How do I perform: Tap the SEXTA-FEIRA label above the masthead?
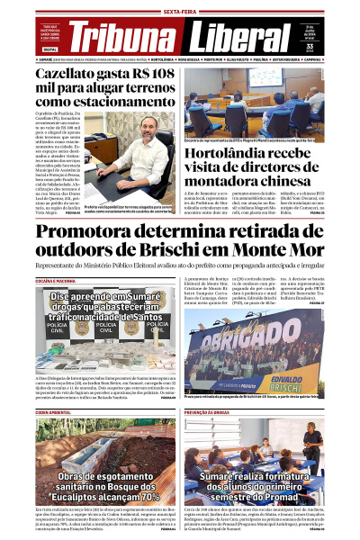pos(180,5)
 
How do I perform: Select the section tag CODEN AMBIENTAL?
pos(53,410)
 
